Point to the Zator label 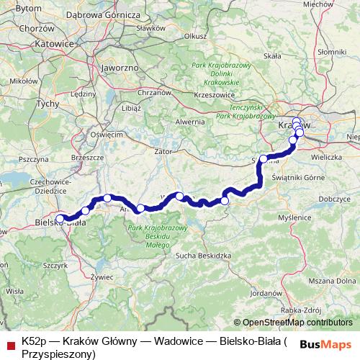pos(163,152)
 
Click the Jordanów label pos(267,294)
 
